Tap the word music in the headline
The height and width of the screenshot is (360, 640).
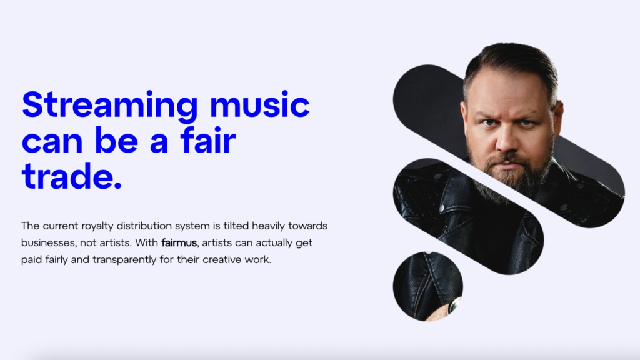[259, 104]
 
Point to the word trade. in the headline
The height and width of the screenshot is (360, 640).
[72, 176]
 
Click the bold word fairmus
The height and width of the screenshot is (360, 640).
[179, 243]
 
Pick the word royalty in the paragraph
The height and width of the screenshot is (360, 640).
[98, 226]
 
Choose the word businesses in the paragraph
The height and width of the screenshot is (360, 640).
[47, 243]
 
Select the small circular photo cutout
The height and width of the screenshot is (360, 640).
[427, 286]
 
